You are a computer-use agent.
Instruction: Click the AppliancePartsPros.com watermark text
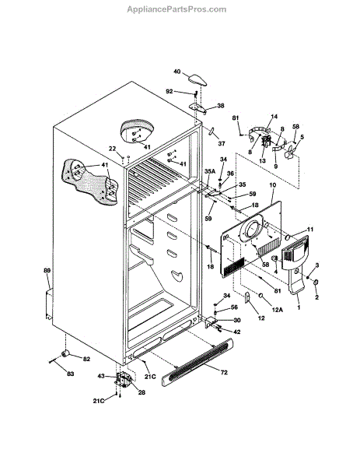(x=177, y=9)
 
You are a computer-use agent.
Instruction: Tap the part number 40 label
(x=177, y=72)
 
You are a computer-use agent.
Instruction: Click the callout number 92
(x=169, y=91)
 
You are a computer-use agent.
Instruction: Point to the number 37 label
(x=221, y=143)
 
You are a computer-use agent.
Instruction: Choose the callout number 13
(x=262, y=161)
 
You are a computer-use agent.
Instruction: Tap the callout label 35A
(x=210, y=171)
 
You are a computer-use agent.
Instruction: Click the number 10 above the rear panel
(x=273, y=185)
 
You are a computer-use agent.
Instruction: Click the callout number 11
(x=310, y=230)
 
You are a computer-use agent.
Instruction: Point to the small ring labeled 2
(x=316, y=282)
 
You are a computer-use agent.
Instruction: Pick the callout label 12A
(x=278, y=310)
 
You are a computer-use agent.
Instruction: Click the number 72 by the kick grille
(x=224, y=372)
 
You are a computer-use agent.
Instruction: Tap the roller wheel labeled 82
(x=65, y=353)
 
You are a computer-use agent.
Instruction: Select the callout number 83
(x=70, y=374)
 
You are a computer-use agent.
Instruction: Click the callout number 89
(x=47, y=270)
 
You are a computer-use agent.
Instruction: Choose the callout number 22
(x=112, y=149)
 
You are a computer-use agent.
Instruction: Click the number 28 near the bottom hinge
(x=142, y=392)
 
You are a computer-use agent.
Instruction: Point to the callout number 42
(x=237, y=332)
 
